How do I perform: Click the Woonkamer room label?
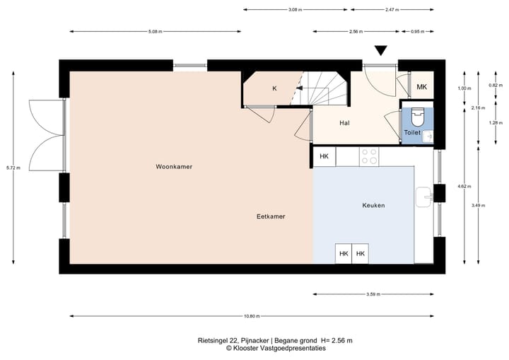(x=175, y=167)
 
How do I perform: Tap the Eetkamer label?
(x=271, y=216)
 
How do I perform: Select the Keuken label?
(x=373, y=205)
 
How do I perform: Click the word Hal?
(x=344, y=123)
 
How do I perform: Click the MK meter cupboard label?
(x=422, y=87)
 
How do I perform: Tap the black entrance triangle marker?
(x=381, y=50)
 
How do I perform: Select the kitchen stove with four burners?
(x=369, y=156)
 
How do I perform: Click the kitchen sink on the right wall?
(x=424, y=197)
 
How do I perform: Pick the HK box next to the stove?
(x=324, y=156)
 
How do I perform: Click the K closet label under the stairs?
(x=275, y=88)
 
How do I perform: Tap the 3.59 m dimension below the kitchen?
(x=374, y=294)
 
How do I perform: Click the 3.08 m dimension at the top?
(x=296, y=10)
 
